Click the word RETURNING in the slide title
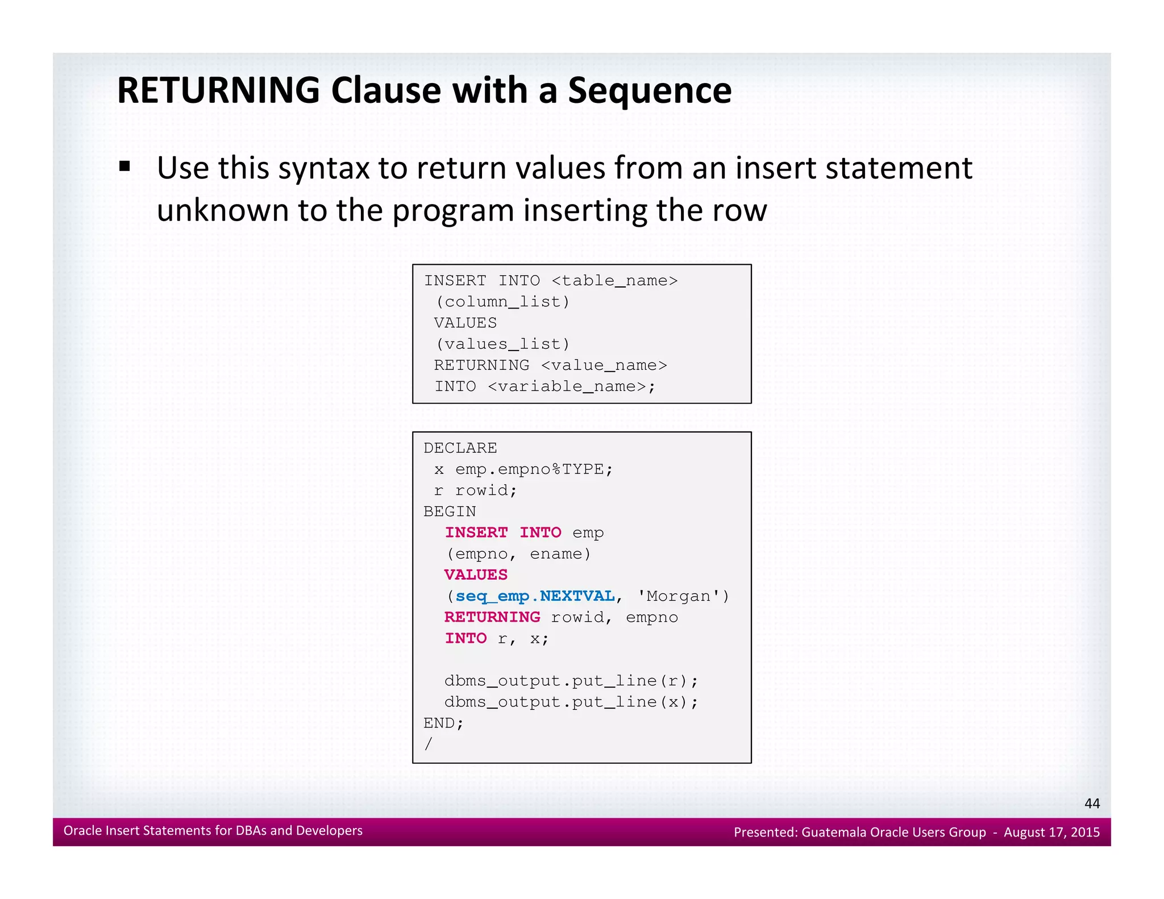(218, 91)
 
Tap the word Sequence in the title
(650, 91)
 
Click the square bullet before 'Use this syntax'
(124, 167)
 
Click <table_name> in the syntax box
(614, 281)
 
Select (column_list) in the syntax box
(502, 302)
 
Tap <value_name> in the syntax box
(604, 365)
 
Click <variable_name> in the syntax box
(571, 386)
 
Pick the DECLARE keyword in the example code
(460, 448)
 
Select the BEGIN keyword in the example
(450, 511)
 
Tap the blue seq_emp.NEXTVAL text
(535, 596)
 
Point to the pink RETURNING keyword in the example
(492, 617)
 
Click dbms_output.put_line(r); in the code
(571, 681)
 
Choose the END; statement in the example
(443, 723)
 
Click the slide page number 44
(1092, 803)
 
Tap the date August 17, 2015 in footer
(1051, 832)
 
